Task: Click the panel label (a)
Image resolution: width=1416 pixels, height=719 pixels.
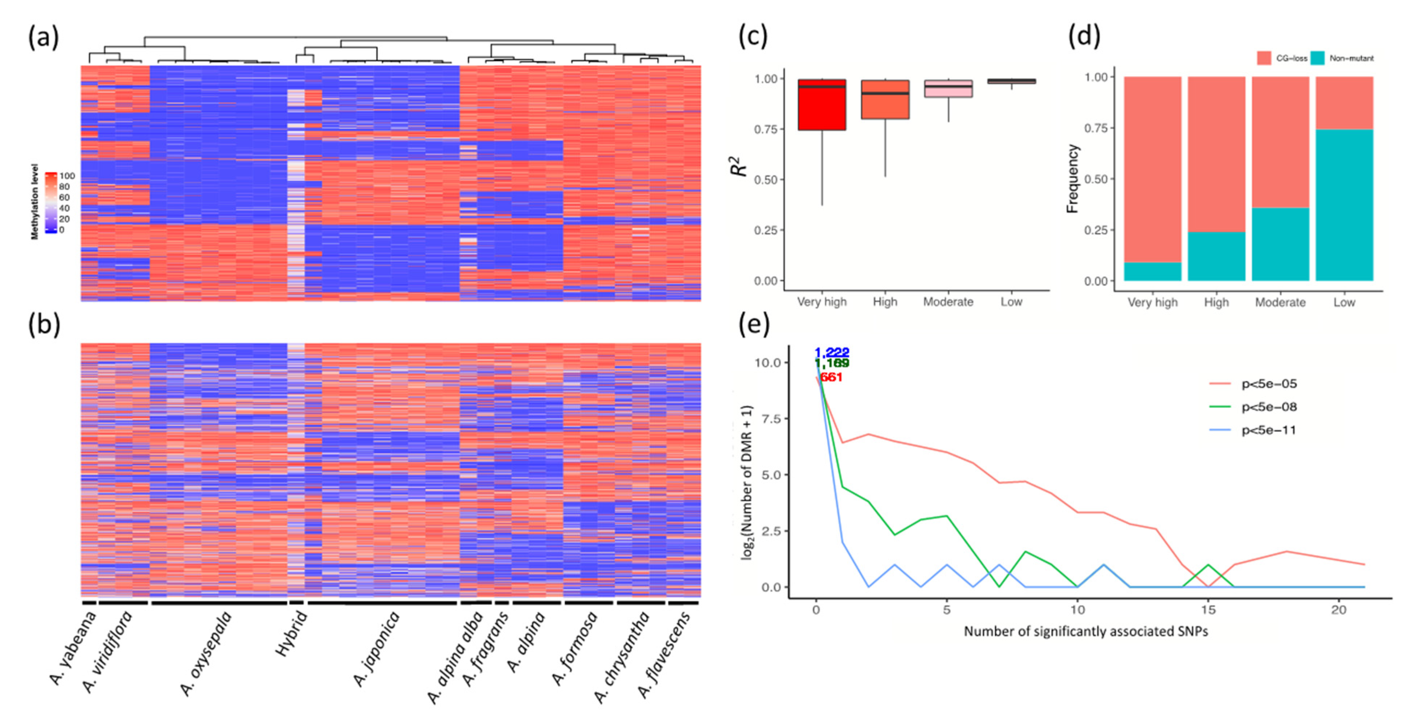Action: point(43,38)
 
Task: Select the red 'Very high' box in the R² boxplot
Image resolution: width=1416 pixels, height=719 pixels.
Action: point(822,104)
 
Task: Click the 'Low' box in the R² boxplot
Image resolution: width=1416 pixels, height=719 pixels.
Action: point(1011,81)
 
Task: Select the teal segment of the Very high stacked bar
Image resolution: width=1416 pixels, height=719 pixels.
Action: point(1152,272)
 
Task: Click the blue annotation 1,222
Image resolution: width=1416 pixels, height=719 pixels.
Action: point(832,352)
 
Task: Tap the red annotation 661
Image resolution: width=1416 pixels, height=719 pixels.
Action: point(831,377)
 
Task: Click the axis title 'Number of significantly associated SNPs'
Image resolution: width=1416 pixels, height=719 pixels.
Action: point(1086,632)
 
